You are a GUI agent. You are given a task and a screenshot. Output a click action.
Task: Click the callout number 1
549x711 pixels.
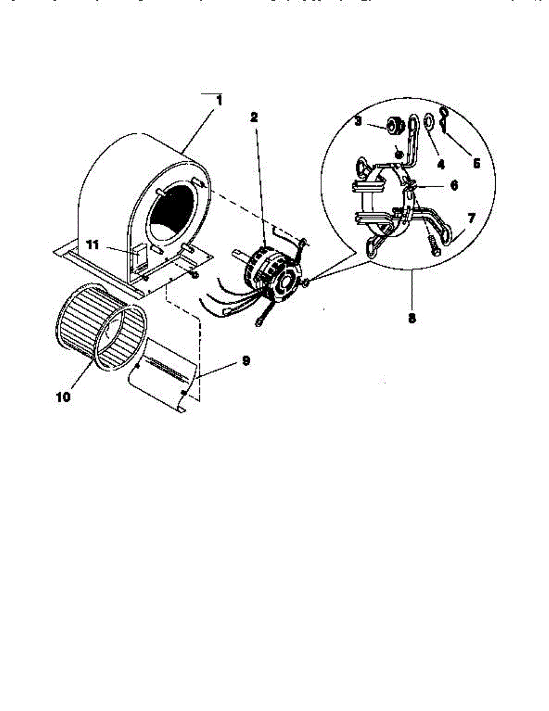219,101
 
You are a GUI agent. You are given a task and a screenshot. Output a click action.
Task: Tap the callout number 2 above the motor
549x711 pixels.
254,117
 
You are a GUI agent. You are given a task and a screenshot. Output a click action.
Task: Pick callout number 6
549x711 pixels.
454,185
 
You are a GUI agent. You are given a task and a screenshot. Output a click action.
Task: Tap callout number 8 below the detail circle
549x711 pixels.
412,317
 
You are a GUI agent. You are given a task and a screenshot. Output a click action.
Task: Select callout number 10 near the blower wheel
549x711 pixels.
63,396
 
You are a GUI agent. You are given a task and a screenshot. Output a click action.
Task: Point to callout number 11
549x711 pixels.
92,244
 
